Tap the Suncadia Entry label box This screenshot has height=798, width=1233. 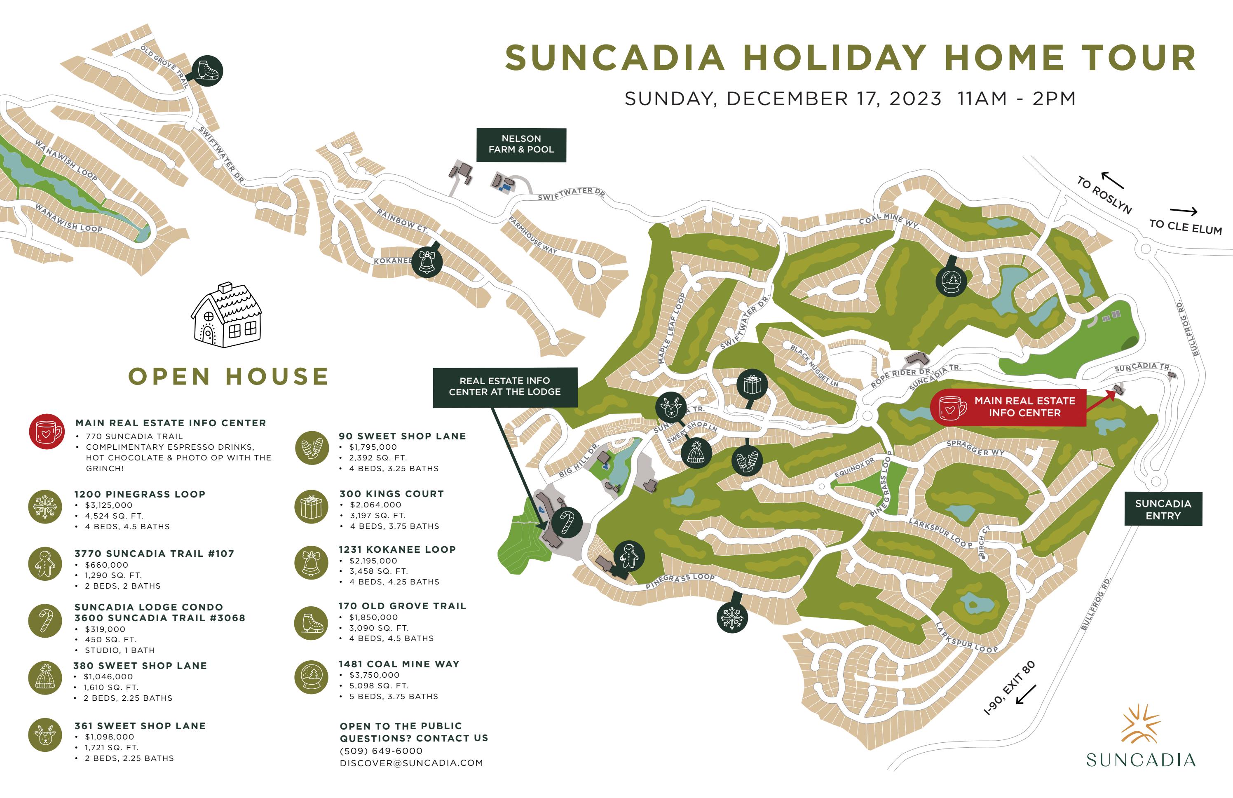[1163, 509]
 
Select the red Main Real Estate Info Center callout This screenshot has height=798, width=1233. [1008, 407]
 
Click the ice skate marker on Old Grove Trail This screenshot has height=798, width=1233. [207, 70]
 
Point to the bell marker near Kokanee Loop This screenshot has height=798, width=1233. [427, 262]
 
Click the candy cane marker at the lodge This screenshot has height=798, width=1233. [567, 522]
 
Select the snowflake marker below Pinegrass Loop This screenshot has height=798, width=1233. [732, 617]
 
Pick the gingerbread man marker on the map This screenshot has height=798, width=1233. [629, 556]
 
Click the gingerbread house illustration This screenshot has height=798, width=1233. [227, 316]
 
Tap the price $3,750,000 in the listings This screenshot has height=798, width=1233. [374, 675]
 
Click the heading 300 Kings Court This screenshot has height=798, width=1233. [391, 494]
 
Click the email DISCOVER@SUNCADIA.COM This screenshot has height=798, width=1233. [411, 763]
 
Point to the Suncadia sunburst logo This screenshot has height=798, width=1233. [1140, 724]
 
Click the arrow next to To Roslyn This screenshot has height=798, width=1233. [1112, 180]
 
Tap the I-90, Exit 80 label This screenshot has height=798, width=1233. [1009, 688]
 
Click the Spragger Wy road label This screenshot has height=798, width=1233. [975, 448]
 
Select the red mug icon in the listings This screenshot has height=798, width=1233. [47, 431]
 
